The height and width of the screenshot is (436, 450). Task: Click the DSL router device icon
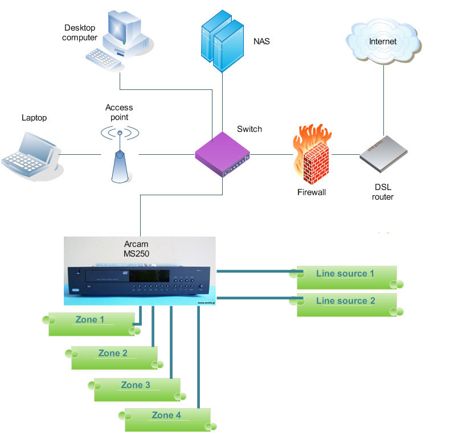click(383, 153)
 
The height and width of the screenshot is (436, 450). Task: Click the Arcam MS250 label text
click(137, 248)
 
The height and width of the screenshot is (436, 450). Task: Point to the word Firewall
click(312, 192)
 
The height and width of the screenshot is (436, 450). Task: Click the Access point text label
click(119, 112)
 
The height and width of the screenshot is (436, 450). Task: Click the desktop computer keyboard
click(104, 57)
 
